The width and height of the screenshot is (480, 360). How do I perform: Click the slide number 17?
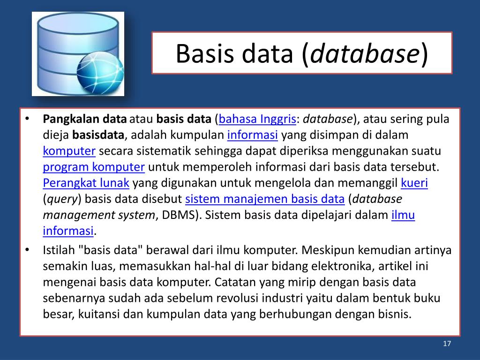click(447, 344)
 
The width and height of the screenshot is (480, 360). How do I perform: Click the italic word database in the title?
click(364, 53)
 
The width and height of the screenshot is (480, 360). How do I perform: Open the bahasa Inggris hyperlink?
click(257, 119)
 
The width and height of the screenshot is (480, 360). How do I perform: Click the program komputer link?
click(94, 167)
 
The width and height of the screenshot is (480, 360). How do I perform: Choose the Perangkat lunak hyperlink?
click(87, 183)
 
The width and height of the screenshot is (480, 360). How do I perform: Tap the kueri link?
click(414, 183)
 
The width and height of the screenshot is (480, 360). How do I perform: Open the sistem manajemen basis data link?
click(265, 199)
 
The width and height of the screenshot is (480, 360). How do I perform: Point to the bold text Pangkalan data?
click(85, 119)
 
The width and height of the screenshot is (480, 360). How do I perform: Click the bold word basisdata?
click(98, 135)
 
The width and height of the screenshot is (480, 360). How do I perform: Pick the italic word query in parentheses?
click(62, 199)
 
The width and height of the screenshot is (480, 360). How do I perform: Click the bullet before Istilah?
click(28, 250)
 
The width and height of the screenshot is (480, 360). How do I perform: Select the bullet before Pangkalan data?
click(28, 119)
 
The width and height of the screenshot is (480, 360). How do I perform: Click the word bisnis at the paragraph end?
click(395, 314)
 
